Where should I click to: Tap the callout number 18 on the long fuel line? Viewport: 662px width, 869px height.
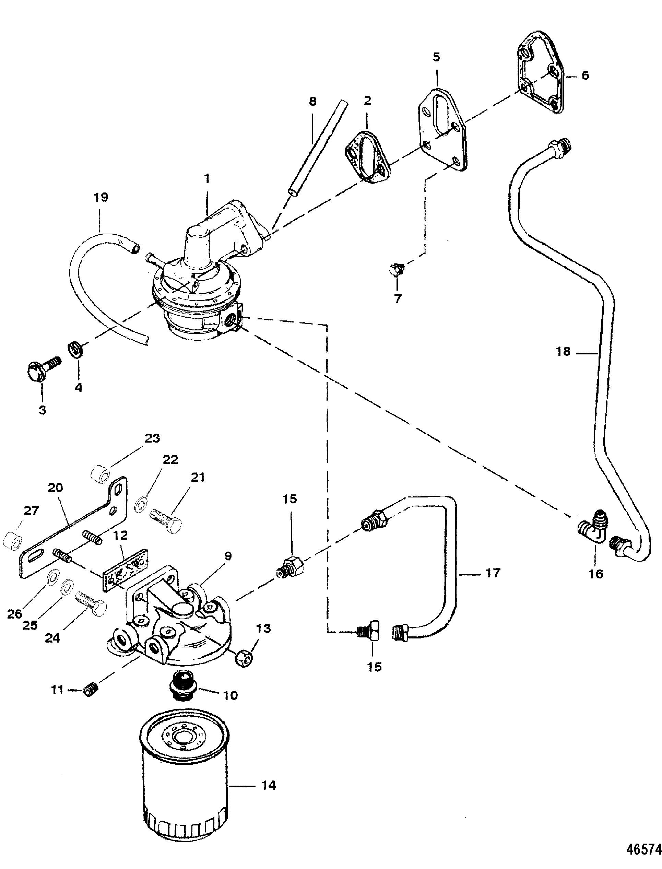pos(563,352)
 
